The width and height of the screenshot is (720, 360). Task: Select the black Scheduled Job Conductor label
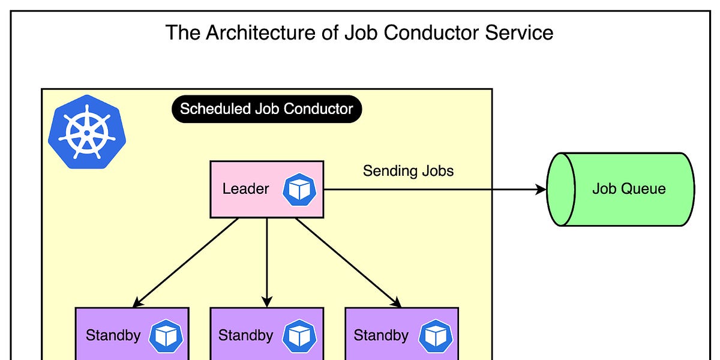click(266, 109)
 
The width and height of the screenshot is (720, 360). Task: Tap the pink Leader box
click(266, 189)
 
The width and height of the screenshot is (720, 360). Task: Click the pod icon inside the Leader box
click(299, 189)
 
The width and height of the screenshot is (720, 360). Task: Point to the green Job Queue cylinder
click(620, 189)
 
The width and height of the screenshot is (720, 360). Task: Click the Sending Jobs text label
click(408, 171)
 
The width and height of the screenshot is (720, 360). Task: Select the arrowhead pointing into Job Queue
click(540, 190)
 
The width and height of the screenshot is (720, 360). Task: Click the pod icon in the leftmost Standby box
click(166, 335)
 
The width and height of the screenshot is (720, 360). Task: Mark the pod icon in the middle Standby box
click(299, 335)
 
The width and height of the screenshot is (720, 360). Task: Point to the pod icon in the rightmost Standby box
click(435, 335)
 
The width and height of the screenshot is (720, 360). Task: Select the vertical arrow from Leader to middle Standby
click(267, 262)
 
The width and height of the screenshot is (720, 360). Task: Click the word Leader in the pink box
click(245, 189)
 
